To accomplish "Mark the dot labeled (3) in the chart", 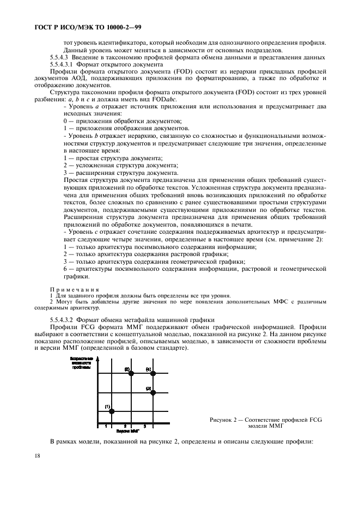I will pos(153,392).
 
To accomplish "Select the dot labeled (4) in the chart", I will pos(153,373).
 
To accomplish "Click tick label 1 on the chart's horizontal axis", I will pos(107,426).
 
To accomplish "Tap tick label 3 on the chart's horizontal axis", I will pos(145,426).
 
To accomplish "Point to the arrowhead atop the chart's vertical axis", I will pos(98,357).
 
